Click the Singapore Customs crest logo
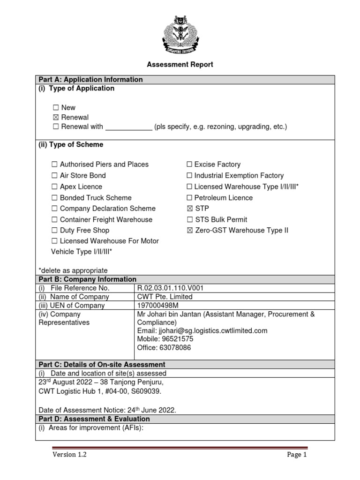(180, 36)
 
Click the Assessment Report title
(180, 65)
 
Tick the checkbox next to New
(55, 108)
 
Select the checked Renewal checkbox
(55, 117)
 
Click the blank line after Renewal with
(128, 127)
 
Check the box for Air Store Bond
(54, 176)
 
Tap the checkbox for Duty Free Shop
(54, 231)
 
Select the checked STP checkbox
(189, 209)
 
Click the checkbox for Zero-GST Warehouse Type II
(189, 231)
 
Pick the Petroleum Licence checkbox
(189, 198)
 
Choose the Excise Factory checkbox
(189, 165)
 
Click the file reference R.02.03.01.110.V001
(170, 288)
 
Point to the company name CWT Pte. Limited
(165, 297)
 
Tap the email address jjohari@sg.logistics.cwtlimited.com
(202, 331)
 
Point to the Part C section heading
(102, 365)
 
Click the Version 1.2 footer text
(69, 455)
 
